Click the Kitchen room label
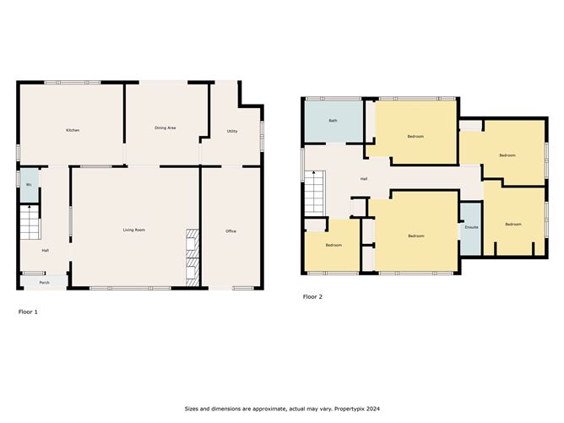[73, 130]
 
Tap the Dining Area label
[165, 127]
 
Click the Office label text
[230, 231]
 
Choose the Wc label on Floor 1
[29, 184]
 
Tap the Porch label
[45, 282]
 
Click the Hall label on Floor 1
[45, 250]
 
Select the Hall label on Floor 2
[364, 179]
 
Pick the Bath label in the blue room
[333, 121]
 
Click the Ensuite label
[471, 227]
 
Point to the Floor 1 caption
[28, 312]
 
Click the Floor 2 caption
[312, 297]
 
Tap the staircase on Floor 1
[30, 224]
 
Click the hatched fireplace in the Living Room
[192, 252]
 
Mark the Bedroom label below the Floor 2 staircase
[334, 245]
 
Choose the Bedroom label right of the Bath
[415, 136]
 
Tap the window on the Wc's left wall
[19, 179]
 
